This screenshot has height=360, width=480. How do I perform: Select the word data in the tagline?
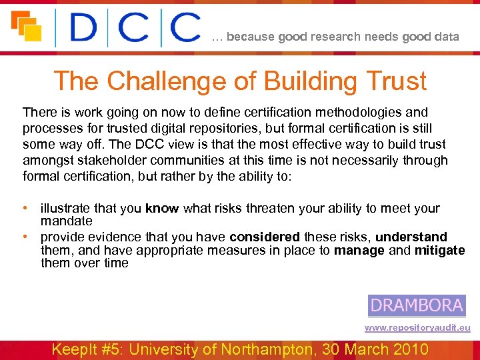(x=446, y=37)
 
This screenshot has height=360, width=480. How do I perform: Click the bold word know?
(x=162, y=209)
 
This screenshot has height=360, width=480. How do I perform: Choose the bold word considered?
(x=265, y=237)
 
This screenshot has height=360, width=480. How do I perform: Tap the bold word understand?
(x=411, y=237)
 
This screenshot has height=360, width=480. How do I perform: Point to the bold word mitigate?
(x=439, y=251)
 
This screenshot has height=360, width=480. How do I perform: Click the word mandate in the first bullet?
(x=66, y=221)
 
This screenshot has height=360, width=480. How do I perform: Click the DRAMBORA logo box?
(x=417, y=306)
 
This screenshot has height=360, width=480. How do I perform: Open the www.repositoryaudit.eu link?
(x=417, y=328)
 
